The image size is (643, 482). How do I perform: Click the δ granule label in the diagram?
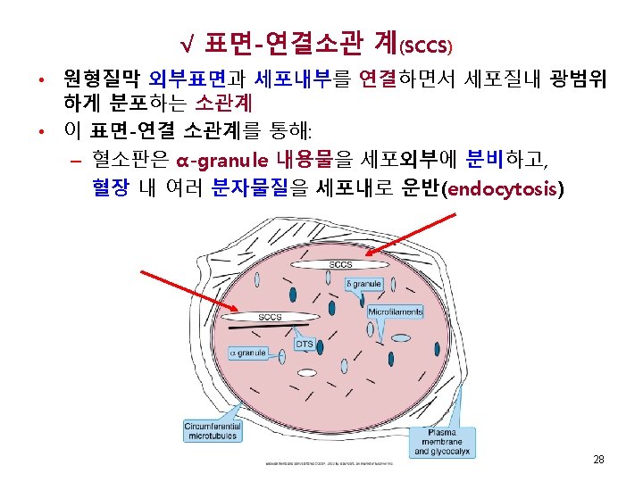tap(363, 285)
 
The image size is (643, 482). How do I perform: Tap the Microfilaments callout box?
tap(395, 312)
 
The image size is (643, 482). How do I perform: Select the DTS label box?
tap(305, 344)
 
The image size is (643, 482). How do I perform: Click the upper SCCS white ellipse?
tap(340, 265)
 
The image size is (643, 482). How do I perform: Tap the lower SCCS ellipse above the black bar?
tap(270, 317)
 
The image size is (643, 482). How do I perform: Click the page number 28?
tap(598, 460)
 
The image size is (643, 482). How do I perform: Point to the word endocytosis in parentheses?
tap(502, 188)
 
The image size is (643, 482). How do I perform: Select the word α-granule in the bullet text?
tap(222, 161)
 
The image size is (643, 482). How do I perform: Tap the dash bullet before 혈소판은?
tap(75, 162)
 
